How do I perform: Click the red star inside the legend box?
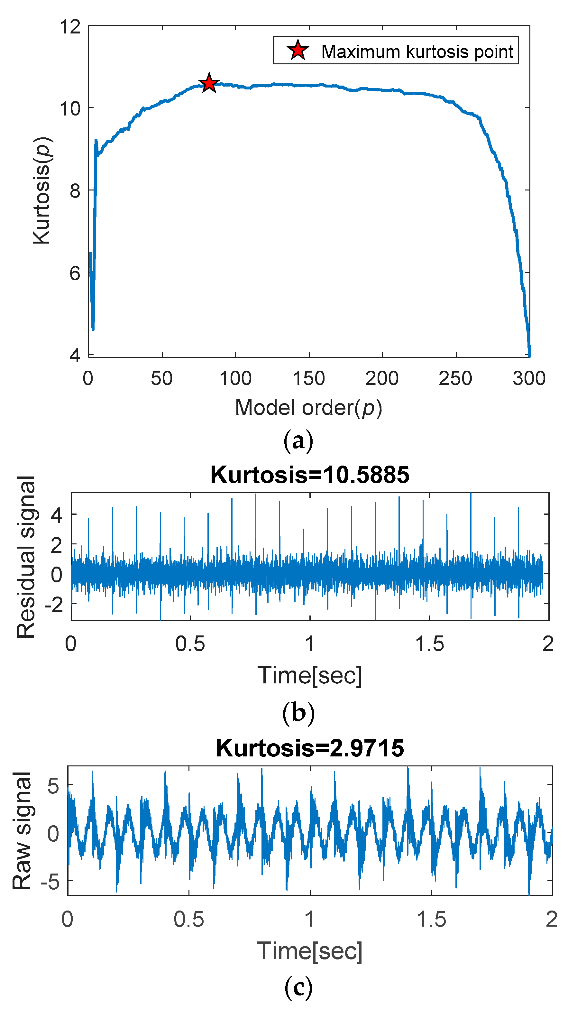[x=298, y=50]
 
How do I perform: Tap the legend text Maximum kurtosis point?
[x=417, y=51]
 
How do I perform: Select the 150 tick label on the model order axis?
[x=309, y=378]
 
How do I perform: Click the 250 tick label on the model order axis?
[x=455, y=378]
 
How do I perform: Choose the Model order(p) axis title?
[x=309, y=407]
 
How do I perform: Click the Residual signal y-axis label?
[x=26, y=557]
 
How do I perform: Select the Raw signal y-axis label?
[x=22, y=831]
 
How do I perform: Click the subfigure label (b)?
[x=298, y=713]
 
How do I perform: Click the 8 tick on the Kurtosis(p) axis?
[x=75, y=190]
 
